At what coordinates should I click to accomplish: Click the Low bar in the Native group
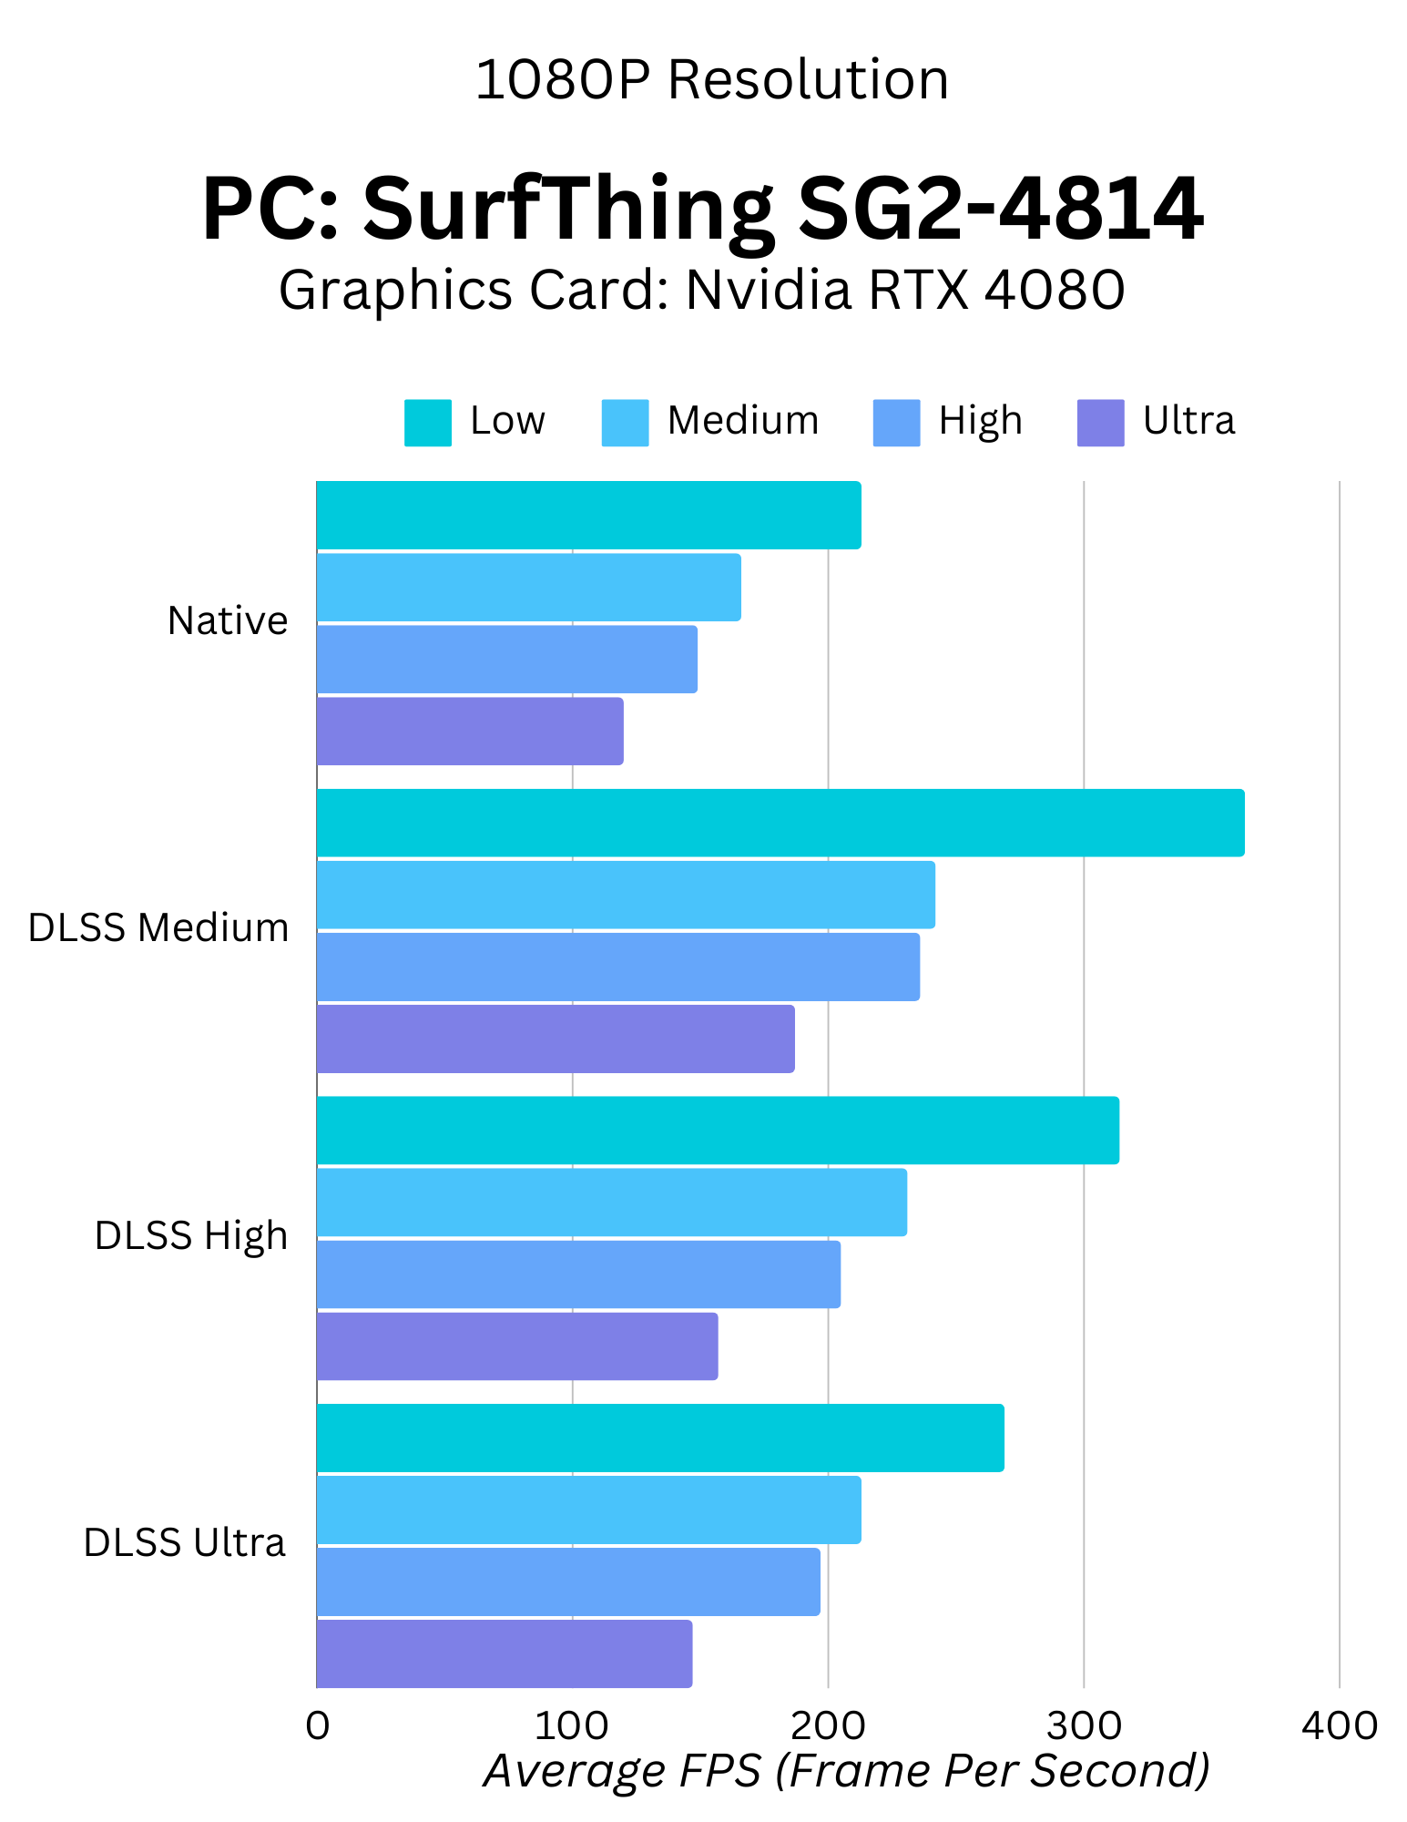(x=588, y=516)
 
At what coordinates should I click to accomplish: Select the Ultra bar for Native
(x=470, y=732)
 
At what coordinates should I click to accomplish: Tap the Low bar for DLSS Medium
(x=780, y=824)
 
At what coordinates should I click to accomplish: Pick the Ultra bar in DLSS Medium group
(x=556, y=1039)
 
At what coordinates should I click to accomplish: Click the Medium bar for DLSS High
(x=612, y=1203)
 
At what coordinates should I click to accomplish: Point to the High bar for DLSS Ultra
(x=568, y=1582)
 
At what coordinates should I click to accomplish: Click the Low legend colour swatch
(x=428, y=423)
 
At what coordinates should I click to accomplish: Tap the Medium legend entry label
(x=743, y=421)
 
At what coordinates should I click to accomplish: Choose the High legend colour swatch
(x=896, y=423)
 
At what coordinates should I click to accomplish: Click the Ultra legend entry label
(x=1188, y=421)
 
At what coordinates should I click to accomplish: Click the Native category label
(x=228, y=621)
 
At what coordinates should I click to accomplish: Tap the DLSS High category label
(x=191, y=1236)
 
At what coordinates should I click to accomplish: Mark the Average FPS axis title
(x=846, y=1771)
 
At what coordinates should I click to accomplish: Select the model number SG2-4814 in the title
(x=1000, y=210)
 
